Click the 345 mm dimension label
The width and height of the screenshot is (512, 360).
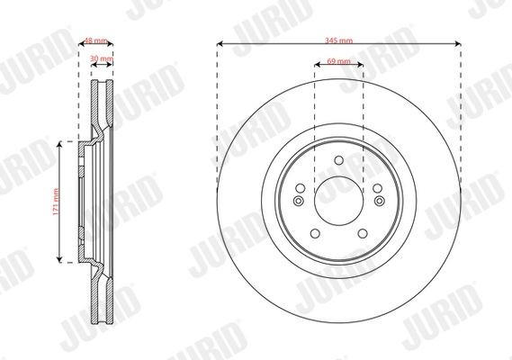point(338,40)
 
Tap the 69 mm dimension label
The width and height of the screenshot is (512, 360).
point(338,61)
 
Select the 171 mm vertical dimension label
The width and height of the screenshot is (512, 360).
point(56,202)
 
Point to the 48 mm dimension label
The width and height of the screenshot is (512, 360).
point(95,40)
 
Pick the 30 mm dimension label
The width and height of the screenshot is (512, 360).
point(102,58)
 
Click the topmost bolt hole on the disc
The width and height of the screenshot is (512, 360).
point(339,160)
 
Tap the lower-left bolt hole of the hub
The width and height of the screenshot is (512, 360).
point(315,234)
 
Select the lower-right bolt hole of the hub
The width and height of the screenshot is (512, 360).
point(363,234)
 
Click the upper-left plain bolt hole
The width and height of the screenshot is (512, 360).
point(300,188)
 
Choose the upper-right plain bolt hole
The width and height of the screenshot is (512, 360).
point(377,188)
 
